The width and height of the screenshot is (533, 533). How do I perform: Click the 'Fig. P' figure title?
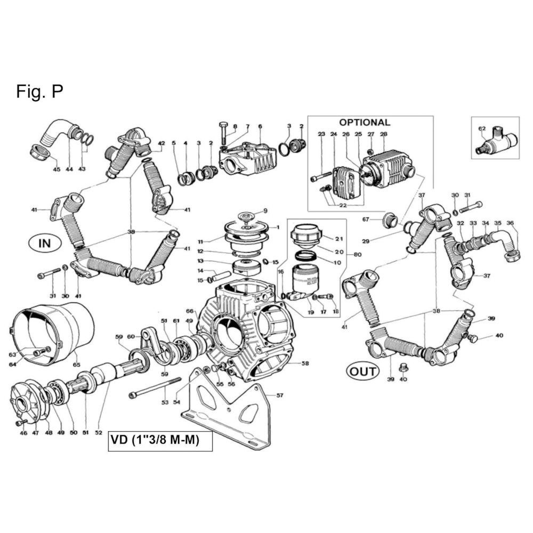coord(39,92)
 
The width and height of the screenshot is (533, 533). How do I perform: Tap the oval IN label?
coord(45,244)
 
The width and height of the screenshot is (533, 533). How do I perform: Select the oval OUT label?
coord(362,372)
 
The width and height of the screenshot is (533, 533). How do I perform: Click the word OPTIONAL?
coord(365,123)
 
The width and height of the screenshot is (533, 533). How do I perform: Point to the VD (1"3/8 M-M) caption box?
coord(160,441)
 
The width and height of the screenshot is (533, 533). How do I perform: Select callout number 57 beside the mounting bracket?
coord(280,395)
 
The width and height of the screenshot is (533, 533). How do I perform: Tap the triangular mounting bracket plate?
coord(225,408)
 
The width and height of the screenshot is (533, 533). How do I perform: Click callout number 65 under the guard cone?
coord(76,365)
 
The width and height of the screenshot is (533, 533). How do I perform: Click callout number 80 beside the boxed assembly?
coord(358,254)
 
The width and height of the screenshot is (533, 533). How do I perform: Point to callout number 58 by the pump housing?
coord(305,364)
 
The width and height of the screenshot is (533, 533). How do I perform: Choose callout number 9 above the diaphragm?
coord(265,211)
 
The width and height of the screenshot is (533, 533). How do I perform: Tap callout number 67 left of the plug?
coord(366,220)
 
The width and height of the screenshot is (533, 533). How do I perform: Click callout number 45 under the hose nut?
coord(56,169)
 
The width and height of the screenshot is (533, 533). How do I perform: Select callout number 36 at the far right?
coord(510,223)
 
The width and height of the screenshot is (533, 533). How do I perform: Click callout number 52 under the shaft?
coord(98,433)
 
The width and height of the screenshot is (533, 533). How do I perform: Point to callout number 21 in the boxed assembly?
coord(339,239)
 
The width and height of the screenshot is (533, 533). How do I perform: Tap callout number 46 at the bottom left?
coord(23,433)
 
